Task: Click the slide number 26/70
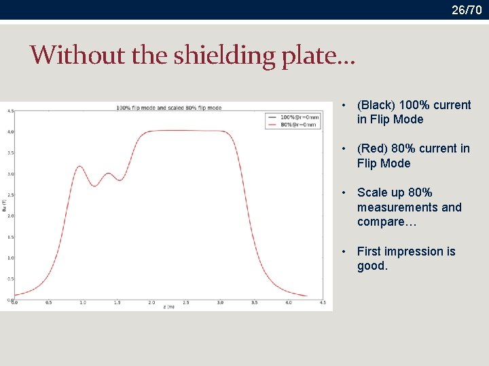coord(467,10)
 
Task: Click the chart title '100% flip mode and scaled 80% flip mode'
coord(168,108)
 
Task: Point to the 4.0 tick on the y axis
coord(10,131)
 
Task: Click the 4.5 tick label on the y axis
coord(10,110)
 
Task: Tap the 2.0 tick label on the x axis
coord(151,303)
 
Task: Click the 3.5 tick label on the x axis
coord(254,303)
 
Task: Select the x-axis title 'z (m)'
coord(169,307)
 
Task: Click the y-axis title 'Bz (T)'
coord(4,205)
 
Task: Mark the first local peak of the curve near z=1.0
coord(80,166)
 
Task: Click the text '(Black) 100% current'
coord(414,105)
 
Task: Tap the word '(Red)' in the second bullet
coord(372,148)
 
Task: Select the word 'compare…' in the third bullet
coord(382,222)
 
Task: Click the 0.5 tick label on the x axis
coord(48,303)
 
